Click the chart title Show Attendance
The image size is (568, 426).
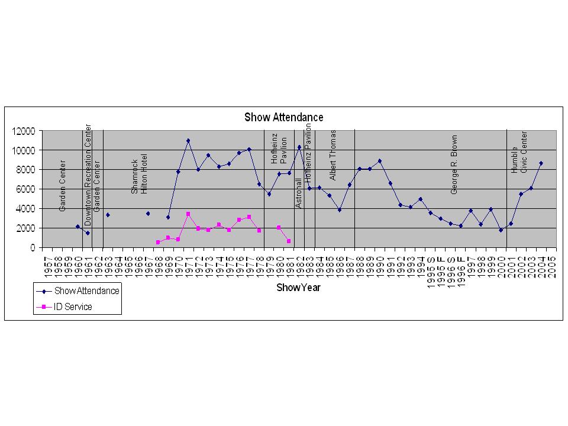[x=284, y=117]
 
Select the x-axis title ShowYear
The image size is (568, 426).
[x=298, y=288]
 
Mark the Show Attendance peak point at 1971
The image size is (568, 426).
[x=188, y=141]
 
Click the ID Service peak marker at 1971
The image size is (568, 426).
[x=188, y=214]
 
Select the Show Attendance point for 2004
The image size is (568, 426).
[x=541, y=163]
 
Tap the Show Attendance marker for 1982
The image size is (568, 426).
[x=299, y=147]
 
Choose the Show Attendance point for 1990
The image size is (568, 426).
[x=380, y=161]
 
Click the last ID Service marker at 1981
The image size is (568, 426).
[x=289, y=241]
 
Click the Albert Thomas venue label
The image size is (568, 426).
[x=333, y=155]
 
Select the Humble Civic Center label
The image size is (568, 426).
[x=519, y=152]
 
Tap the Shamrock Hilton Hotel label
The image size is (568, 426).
[x=140, y=174]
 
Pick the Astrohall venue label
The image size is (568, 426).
[x=299, y=193]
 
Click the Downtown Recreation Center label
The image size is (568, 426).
[x=88, y=175]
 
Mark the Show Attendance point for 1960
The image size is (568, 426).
[x=78, y=227]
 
